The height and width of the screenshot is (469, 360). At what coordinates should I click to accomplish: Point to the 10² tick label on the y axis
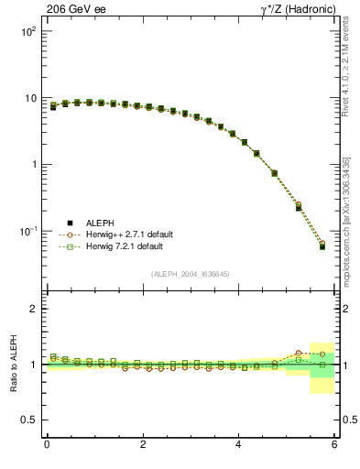pos(28,31)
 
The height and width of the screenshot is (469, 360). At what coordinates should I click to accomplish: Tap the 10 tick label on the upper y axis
pos(31,98)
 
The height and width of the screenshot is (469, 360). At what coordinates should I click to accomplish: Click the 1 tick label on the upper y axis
pos(34,165)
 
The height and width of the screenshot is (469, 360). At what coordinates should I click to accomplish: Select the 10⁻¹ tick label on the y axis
pos(28,231)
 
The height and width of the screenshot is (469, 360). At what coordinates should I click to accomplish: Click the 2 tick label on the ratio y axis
pos(34,310)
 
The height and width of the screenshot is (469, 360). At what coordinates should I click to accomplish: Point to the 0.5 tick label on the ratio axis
pos(30,420)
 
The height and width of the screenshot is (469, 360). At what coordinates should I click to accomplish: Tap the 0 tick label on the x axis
pos(47,445)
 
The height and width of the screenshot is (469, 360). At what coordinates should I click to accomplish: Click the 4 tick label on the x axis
pos(239,445)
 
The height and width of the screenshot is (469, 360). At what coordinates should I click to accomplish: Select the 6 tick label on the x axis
pos(335,445)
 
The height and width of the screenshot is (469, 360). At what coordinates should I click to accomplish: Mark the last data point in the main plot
pos(322,246)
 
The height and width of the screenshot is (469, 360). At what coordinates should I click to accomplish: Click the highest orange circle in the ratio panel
pos(299,352)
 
